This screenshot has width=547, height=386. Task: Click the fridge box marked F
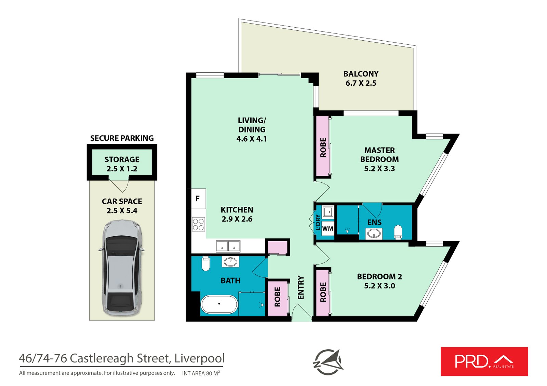pos(197,199)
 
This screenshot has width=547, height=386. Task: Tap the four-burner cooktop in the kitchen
pos(198,224)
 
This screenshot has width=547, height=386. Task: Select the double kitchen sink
pos(228,246)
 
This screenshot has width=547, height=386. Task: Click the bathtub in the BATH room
pos(219,304)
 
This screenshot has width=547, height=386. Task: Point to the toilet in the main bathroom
pos(205,264)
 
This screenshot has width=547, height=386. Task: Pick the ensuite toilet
pos(398,232)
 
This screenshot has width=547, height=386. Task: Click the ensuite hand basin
pos(374,234)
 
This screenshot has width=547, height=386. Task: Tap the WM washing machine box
pos(328,228)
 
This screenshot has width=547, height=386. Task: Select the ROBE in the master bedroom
pos(323,147)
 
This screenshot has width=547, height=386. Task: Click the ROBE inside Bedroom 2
pos(323,292)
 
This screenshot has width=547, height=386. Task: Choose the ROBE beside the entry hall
pos(277,297)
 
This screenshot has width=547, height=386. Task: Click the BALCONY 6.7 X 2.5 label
pos(361,78)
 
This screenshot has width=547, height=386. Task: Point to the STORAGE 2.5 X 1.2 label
pos(122,164)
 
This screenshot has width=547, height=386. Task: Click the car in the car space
pos(122,268)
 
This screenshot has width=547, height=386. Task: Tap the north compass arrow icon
pos(328,362)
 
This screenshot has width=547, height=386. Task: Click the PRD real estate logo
pos(484,361)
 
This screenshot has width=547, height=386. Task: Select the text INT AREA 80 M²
pos(201,373)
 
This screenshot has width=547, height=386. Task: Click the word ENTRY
pos(301,287)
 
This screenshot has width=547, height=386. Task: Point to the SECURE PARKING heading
pos(122,138)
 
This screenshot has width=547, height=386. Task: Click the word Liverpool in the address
pos(199,358)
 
